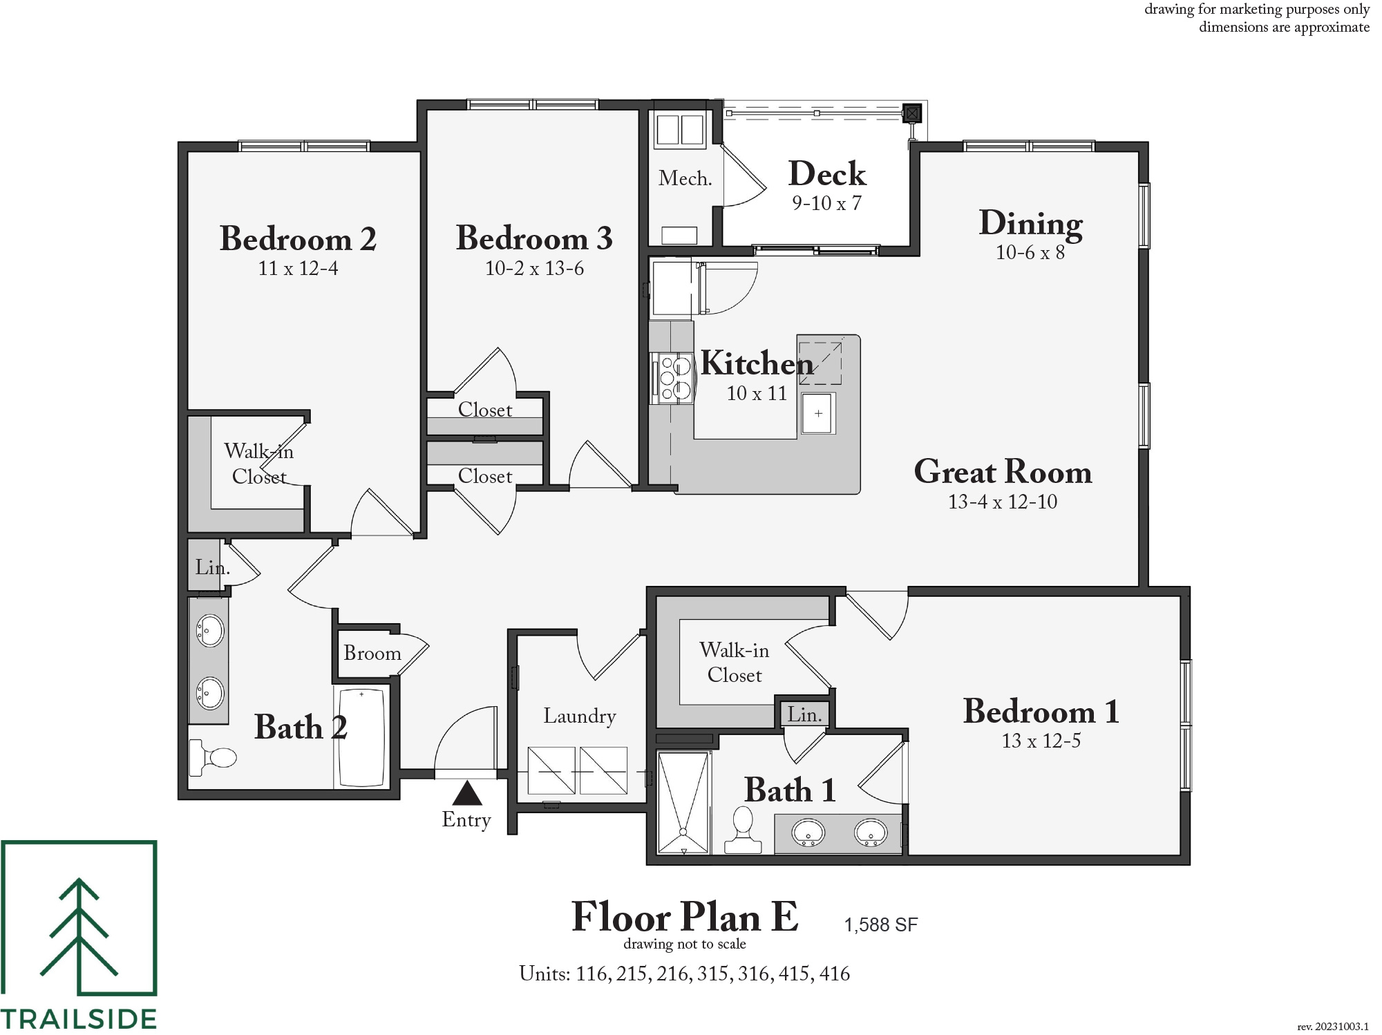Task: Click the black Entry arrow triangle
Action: (467, 793)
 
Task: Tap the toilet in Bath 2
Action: (214, 757)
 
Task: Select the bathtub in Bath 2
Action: (361, 737)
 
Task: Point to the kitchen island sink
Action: (818, 414)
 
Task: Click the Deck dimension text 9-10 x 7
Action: (826, 203)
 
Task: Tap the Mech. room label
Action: (685, 178)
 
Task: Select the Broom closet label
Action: (372, 653)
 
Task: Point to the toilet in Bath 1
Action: (743, 830)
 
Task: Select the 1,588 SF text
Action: (880, 924)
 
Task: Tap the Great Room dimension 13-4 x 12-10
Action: (1002, 502)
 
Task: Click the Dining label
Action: (1030, 224)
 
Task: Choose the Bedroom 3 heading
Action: (534, 238)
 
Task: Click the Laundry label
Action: (579, 716)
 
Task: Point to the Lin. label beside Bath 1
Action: (804, 714)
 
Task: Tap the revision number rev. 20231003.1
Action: (1332, 1027)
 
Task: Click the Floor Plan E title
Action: (684, 917)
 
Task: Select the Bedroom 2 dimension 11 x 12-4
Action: (298, 268)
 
